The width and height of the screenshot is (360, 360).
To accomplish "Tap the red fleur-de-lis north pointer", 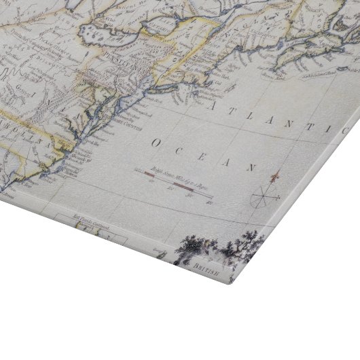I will [273, 177].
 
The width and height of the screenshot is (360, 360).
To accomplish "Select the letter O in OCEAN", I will [157, 143].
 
